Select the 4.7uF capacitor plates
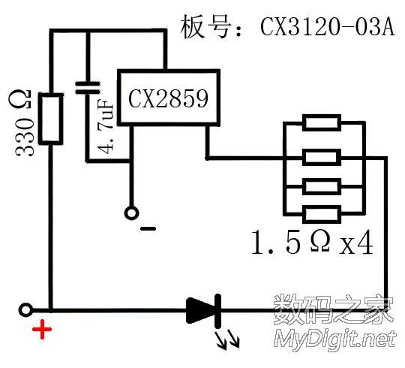coord(87,87)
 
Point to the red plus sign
coord(42,330)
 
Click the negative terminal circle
coord(131,213)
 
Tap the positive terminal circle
coord(25,310)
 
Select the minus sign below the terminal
coord(148,228)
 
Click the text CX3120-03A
coord(328,26)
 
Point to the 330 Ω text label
coord(24,123)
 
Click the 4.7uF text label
coord(106,126)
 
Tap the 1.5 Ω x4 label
coord(312,242)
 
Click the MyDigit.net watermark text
coord(335,340)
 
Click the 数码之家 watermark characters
coord(334,310)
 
